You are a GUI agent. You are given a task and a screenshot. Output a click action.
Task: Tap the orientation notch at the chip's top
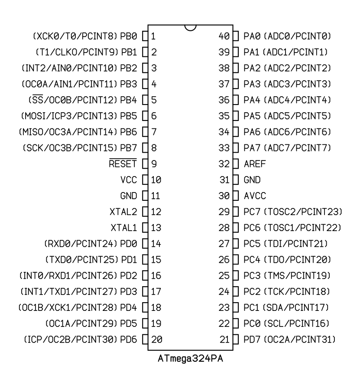[x=191, y=28]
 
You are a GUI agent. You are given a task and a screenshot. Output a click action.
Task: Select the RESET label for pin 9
[x=123, y=163]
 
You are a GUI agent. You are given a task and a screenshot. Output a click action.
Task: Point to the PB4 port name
[x=128, y=100]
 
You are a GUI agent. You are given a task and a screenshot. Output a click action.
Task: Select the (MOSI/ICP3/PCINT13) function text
[x=69, y=116]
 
